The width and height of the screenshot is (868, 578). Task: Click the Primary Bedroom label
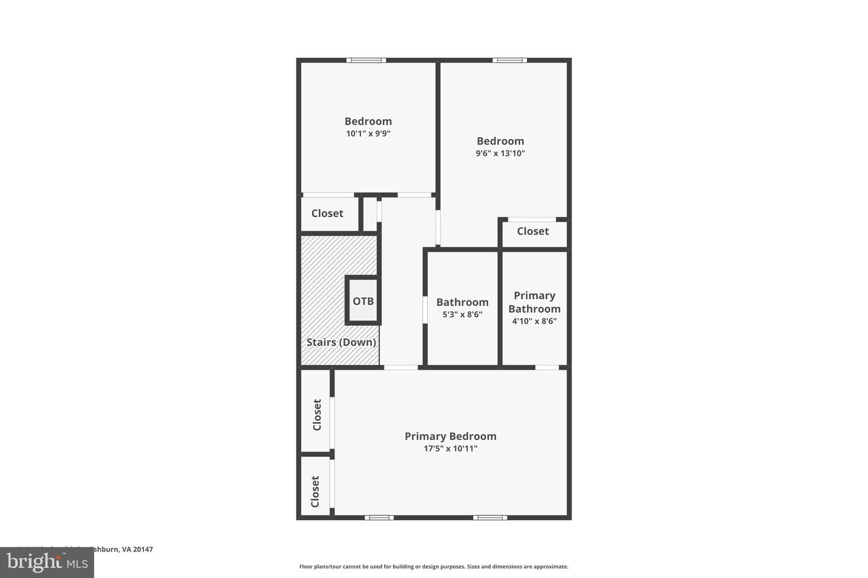(450, 436)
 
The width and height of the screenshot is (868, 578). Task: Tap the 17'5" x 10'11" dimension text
(450, 449)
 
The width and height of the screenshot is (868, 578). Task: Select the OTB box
(363, 301)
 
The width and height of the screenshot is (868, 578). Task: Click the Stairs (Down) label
(341, 342)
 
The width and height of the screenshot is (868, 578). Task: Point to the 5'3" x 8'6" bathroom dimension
(462, 314)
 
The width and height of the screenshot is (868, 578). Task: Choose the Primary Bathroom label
(534, 302)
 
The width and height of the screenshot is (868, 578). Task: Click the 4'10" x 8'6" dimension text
(534, 321)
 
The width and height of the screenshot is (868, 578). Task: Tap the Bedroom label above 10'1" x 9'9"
(368, 121)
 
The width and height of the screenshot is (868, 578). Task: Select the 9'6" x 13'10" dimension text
(500, 153)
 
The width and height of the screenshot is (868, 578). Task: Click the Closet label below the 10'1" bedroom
(327, 213)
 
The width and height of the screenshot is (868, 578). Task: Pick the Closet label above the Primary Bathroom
(533, 231)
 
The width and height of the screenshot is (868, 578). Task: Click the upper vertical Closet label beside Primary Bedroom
(316, 415)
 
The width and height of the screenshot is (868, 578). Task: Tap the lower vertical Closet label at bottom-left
(315, 492)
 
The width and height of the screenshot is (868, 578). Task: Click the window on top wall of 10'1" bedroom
(366, 60)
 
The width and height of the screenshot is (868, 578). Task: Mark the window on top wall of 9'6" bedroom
(509, 60)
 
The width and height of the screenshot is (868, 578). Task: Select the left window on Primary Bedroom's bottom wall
(379, 517)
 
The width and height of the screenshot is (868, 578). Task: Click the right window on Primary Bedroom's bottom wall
(489, 517)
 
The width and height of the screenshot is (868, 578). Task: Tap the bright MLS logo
(46, 563)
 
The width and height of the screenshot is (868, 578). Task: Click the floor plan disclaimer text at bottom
(433, 567)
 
